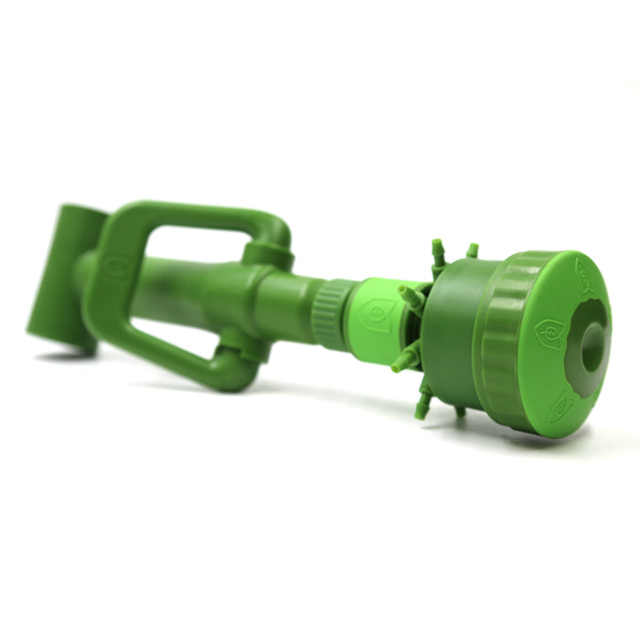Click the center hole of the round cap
point(592,346)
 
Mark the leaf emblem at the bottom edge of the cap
point(560,410)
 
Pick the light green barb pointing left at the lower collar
point(403,361)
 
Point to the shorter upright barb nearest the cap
point(472,251)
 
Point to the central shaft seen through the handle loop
point(187,293)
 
